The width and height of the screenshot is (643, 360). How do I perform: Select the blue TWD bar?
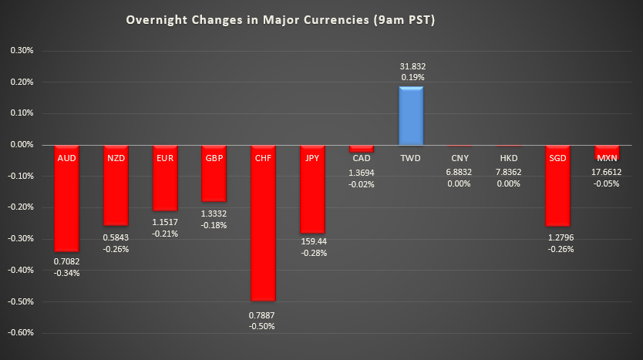tap(410, 116)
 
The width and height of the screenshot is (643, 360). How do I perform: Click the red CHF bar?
tap(263, 231)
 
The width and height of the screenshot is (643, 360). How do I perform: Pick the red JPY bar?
tap(311, 193)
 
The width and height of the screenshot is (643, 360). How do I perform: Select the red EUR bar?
tap(164, 181)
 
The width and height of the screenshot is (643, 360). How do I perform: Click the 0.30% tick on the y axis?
tap(22, 51)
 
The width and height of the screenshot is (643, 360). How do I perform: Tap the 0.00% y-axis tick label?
tap(22, 145)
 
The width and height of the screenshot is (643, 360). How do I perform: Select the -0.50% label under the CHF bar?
tap(263, 326)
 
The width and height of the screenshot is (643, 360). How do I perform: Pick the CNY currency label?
tap(460, 158)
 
